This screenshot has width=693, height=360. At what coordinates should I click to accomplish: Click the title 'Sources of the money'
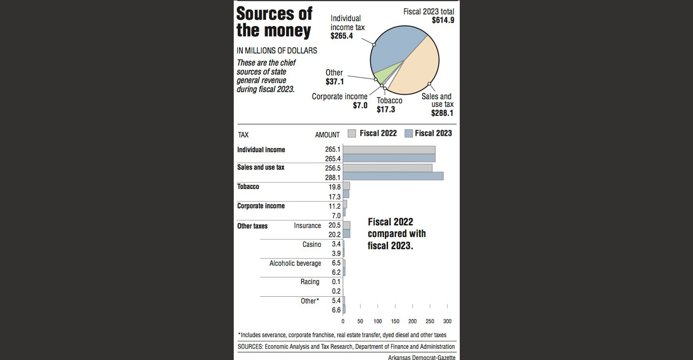click(274, 22)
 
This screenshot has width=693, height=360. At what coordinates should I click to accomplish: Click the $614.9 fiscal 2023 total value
click(443, 20)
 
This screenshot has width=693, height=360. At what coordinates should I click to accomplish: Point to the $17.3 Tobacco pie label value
click(386, 110)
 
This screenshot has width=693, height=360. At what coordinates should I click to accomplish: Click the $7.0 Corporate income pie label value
click(360, 105)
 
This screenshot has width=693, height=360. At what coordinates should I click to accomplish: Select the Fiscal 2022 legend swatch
click(352, 133)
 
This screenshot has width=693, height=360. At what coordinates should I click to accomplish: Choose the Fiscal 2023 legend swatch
click(408, 133)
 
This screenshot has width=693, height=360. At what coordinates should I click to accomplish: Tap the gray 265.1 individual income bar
click(389, 149)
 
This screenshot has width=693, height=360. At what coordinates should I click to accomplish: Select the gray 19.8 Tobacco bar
click(346, 186)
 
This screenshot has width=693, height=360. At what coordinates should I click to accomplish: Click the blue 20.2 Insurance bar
click(346, 234)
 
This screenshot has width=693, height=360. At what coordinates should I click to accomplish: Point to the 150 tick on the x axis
click(395, 321)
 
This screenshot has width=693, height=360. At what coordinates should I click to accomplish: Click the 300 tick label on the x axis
click(447, 321)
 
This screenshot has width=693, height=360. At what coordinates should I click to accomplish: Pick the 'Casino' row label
click(311, 245)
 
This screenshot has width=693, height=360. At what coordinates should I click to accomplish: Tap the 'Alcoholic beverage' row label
click(295, 263)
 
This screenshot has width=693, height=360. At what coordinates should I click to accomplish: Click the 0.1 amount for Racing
click(336, 282)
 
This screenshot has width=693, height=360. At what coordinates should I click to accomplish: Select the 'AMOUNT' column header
click(327, 135)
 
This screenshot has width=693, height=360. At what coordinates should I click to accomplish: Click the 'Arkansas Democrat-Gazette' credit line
click(421, 357)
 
